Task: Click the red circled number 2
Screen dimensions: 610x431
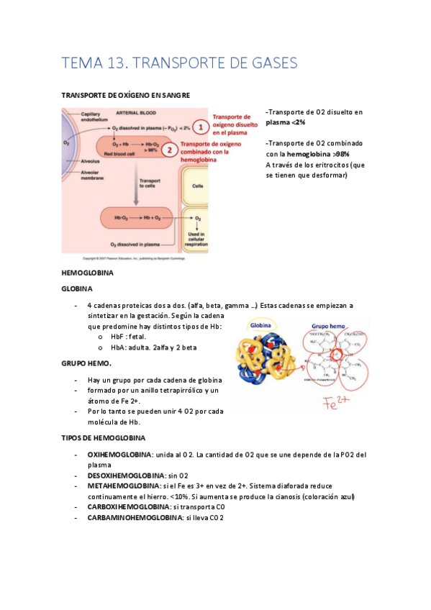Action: (x=169, y=150)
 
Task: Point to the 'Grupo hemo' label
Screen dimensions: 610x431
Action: (x=317, y=325)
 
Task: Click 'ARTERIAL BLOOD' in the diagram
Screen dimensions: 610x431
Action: (x=136, y=113)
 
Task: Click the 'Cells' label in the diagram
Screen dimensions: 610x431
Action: (x=197, y=185)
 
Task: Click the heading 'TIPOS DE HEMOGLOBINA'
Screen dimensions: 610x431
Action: (x=104, y=437)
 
